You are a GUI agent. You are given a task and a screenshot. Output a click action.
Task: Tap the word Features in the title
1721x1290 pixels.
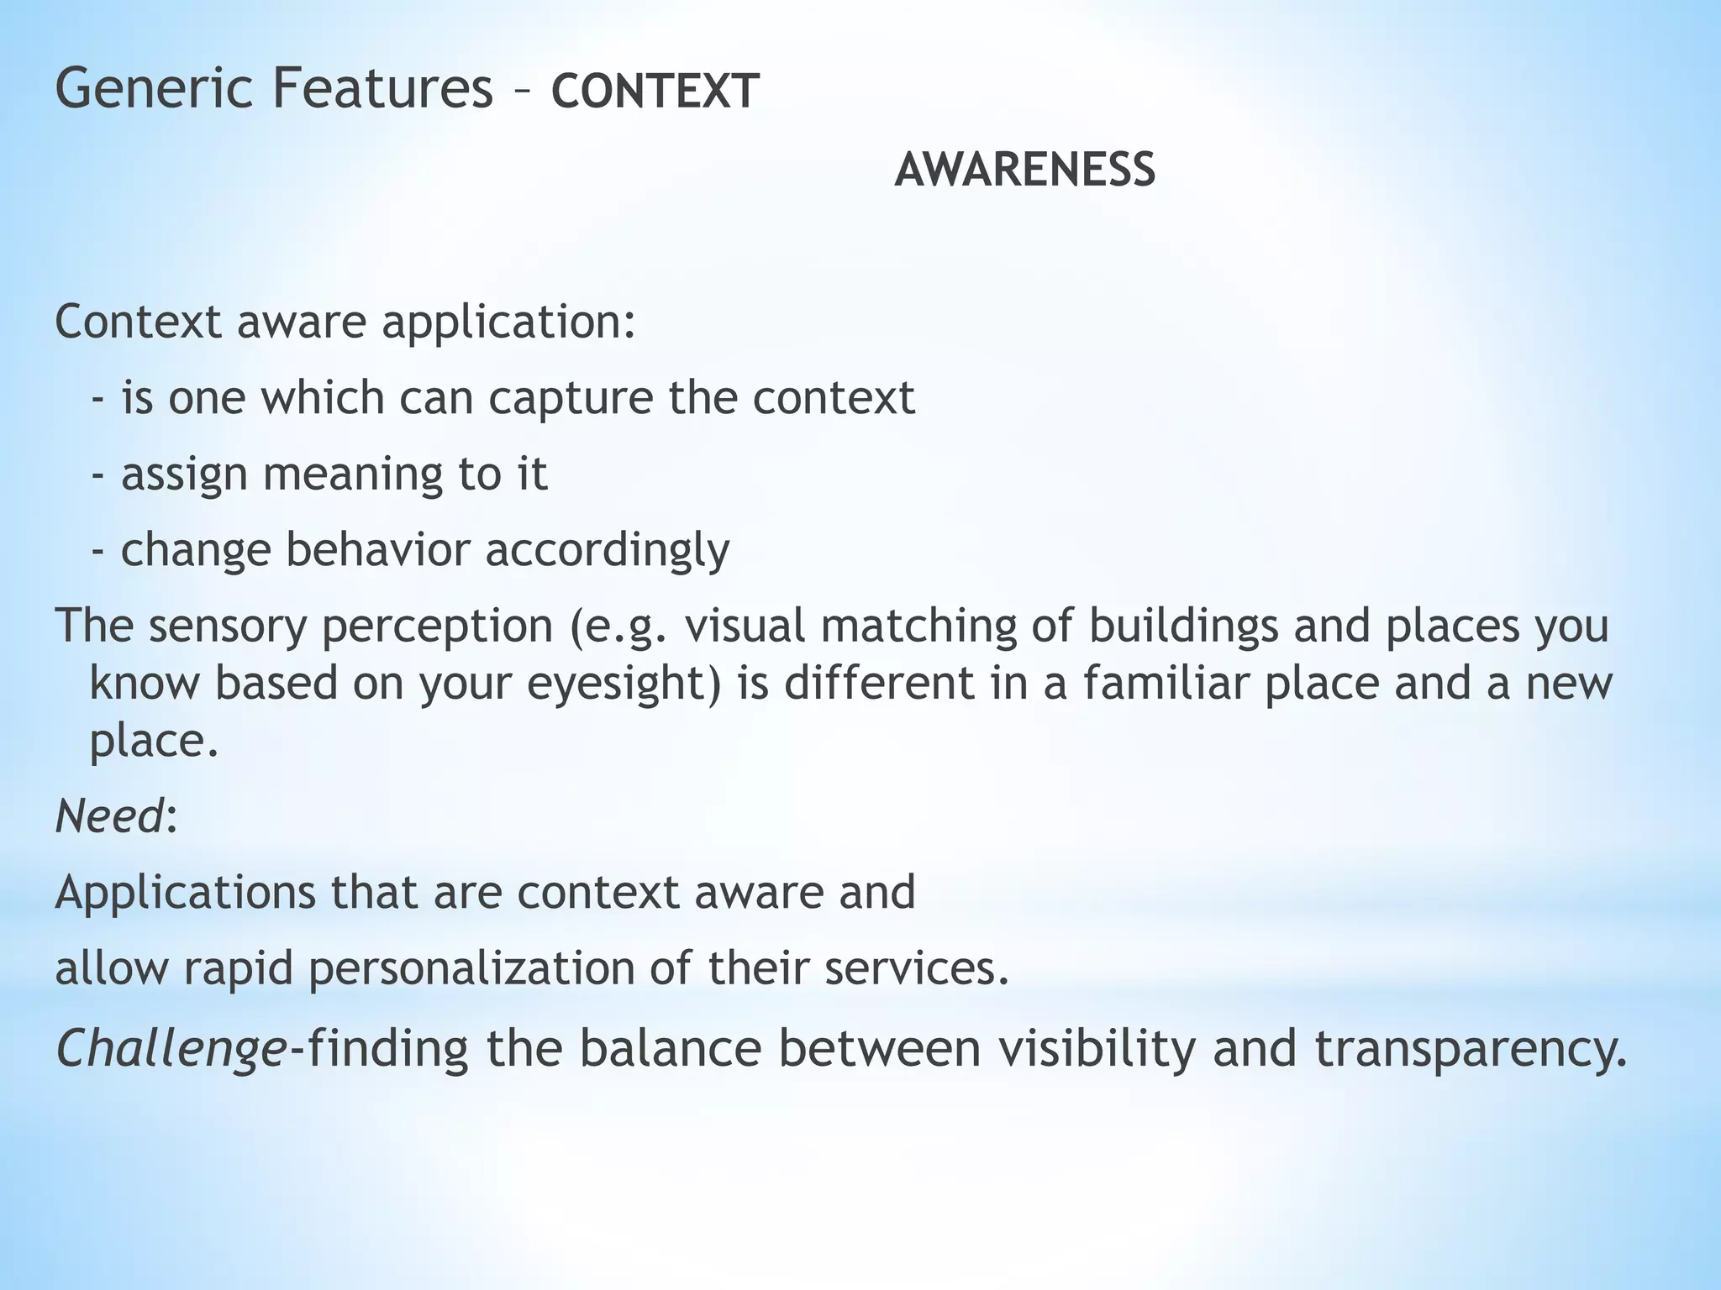tap(382, 90)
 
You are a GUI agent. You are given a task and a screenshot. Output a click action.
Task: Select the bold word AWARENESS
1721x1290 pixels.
tap(1024, 170)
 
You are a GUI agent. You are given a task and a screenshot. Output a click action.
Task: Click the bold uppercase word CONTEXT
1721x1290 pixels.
tap(655, 92)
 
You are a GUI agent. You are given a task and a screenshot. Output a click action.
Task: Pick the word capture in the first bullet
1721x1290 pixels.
tap(571, 399)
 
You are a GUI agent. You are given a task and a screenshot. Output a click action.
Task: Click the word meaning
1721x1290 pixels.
tap(352, 475)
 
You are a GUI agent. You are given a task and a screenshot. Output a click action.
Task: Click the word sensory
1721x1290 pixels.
tap(229, 627)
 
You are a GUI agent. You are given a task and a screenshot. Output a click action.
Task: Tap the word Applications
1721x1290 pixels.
tap(186, 893)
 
